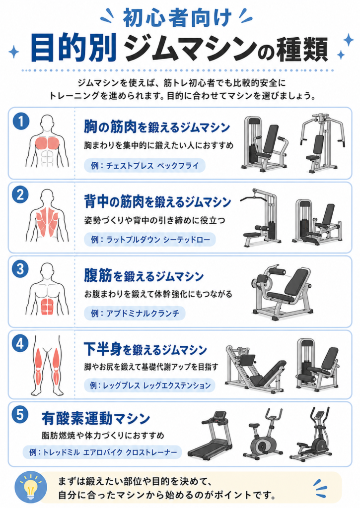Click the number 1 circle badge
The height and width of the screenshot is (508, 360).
21,121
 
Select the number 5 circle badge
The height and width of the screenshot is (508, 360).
20,415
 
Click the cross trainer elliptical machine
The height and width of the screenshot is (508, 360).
311,434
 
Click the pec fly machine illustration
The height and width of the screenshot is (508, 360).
322,142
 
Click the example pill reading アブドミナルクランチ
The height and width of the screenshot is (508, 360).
135,314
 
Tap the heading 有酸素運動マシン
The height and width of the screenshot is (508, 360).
96,418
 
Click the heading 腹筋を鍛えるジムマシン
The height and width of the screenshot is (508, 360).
144,276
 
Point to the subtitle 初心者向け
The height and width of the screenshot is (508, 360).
177,18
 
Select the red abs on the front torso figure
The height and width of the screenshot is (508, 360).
47,306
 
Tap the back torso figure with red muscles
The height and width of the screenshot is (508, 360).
47,216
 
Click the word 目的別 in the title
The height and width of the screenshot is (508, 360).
73,49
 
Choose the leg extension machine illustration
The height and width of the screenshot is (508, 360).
318,364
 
